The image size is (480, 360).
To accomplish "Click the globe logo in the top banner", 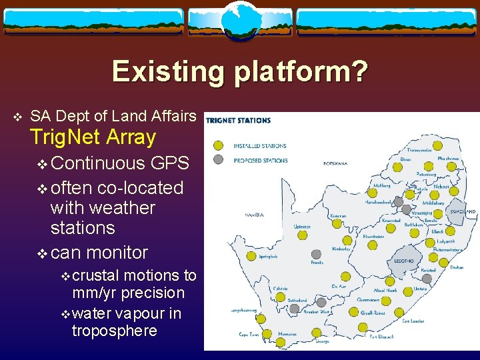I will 239,19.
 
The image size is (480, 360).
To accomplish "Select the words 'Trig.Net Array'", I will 93,138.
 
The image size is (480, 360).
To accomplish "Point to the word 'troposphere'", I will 114,331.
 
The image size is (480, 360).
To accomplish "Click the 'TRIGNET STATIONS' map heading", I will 239,121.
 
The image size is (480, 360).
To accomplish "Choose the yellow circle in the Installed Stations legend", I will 218,145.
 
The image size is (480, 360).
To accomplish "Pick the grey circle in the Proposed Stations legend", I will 218,159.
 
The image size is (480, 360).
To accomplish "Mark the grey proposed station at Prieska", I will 317,253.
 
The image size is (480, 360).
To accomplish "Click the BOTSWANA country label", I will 337,163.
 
